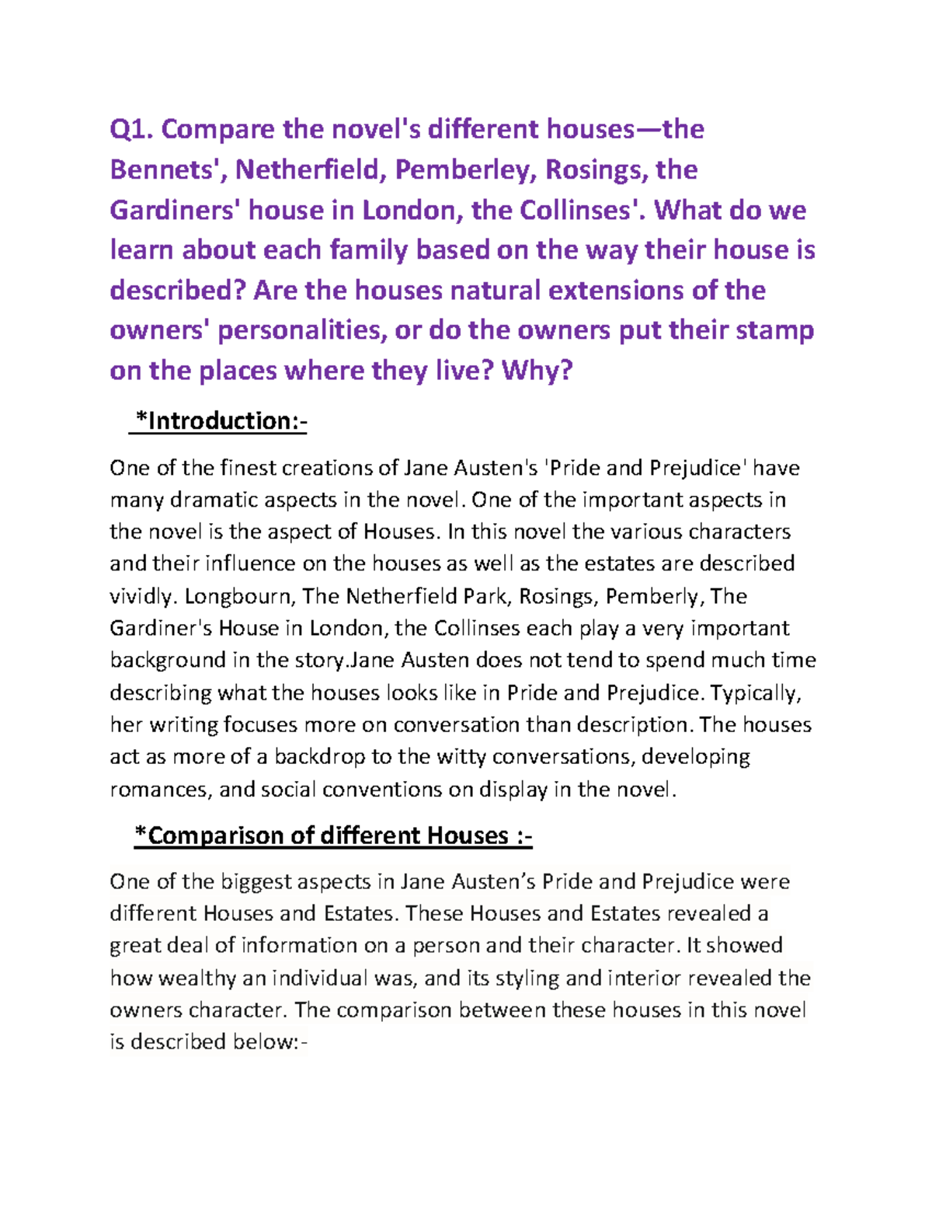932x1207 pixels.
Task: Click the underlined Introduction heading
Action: coord(221,421)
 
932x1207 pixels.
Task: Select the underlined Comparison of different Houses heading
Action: coord(333,835)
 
